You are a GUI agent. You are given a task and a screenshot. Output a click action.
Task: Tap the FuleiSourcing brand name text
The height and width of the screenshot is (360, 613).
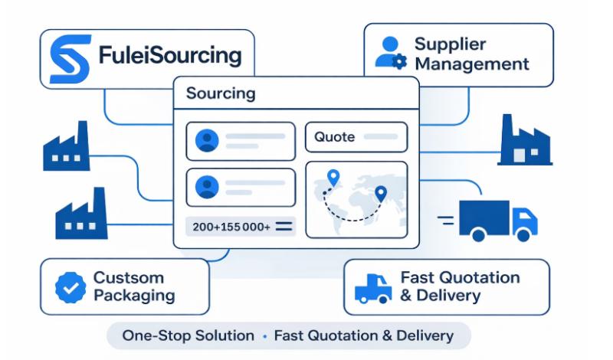pos(170,57)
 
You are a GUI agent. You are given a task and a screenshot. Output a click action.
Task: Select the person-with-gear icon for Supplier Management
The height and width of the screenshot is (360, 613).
pos(390,51)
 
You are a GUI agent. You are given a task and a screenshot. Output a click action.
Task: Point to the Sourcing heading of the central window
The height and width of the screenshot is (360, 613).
pos(221,95)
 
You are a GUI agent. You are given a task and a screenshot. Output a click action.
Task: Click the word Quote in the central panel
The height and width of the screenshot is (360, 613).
pos(334,137)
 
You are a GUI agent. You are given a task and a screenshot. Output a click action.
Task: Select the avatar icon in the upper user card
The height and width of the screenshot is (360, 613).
pos(207,141)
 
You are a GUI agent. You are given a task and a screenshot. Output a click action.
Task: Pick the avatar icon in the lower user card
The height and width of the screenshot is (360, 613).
pos(207,187)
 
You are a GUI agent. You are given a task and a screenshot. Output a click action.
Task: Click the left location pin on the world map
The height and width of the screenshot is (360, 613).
pos(332,178)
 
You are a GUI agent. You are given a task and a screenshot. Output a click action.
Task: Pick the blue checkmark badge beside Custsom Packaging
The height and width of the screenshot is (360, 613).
pos(70,287)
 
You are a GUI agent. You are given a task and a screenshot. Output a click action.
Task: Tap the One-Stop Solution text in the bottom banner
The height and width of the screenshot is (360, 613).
pos(188,335)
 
